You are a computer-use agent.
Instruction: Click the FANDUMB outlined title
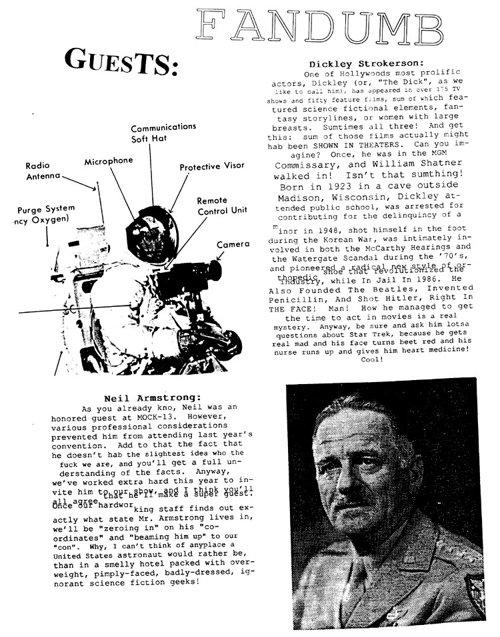click(320, 28)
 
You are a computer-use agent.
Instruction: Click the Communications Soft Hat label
click(163, 132)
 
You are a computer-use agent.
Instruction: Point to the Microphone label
click(108, 161)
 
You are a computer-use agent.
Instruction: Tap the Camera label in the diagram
click(233, 244)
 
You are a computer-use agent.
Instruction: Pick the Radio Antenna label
click(42, 171)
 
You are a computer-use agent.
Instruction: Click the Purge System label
click(46, 208)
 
